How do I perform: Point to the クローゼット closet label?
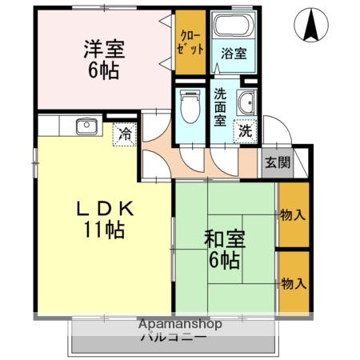(x=190, y=42)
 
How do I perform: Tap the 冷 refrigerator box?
(x=125, y=134)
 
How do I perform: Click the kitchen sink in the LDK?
(x=86, y=126)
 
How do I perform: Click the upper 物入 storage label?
(x=291, y=214)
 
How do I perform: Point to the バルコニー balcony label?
(x=174, y=337)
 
